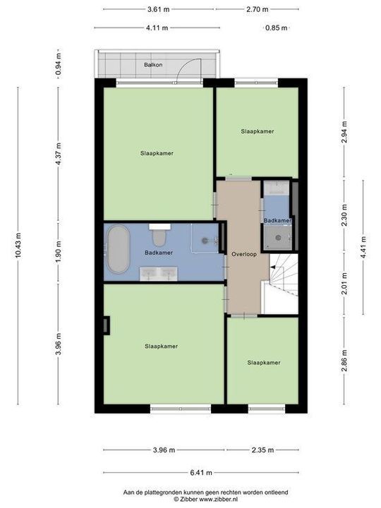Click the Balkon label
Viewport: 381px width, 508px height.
coord(153,65)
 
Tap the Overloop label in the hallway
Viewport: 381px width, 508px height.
coord(244,254)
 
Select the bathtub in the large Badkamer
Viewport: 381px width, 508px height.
coord(119,249)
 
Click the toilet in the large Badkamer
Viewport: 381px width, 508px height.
coord(159,236)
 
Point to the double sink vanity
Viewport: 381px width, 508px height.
coord(159,274)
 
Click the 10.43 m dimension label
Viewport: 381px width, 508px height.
coord(18,246)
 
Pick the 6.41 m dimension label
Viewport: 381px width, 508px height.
coord(201,473)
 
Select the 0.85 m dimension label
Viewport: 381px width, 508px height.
coord(277,28)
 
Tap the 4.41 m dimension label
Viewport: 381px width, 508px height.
coord(363,247)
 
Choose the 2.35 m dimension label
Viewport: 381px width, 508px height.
coord(262,450)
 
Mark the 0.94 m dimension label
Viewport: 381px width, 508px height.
coord(59,64)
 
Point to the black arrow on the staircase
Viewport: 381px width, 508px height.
coord(273,267)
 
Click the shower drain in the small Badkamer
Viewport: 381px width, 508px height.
coord(278,238)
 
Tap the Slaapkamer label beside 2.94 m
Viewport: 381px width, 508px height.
coord(258,131)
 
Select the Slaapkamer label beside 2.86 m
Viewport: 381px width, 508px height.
coord(264,363)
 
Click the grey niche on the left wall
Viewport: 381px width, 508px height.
coord(107,325)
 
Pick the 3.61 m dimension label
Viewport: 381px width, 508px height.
coord(159,9)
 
